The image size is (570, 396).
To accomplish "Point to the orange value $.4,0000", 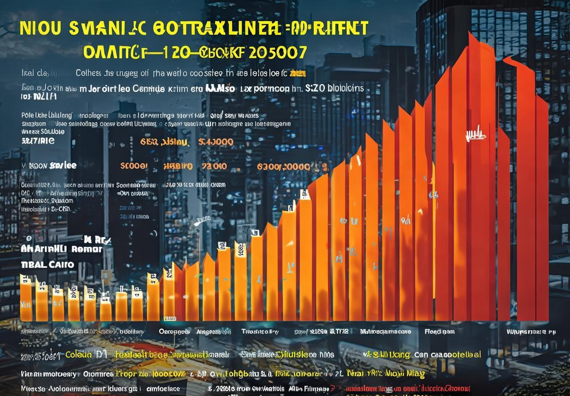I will [x=215, y=142].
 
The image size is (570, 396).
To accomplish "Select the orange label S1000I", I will [x=134, y=166].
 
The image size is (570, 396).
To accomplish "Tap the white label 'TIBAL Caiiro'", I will [x=47, y=264].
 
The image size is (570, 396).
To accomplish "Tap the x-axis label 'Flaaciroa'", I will [x=440, y=331].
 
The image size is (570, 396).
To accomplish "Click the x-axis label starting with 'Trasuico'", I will [x=260, y=331].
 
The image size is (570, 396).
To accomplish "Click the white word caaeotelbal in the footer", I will [x=456, y=354].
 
